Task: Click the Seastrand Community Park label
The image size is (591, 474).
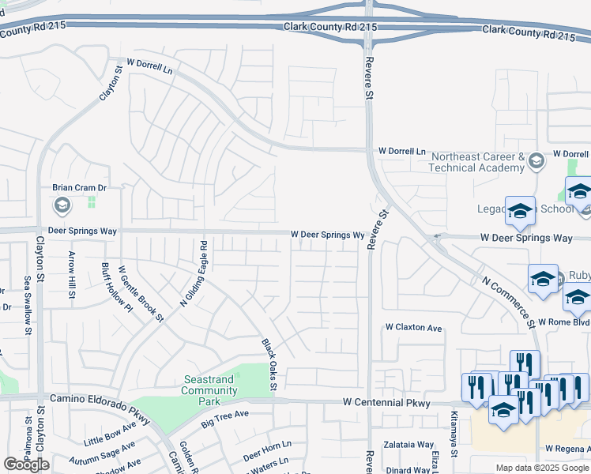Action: click(x=209, y=390)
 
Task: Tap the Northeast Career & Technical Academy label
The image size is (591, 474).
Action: click(x=477, y=162)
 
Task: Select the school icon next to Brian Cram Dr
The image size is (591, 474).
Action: click(x=62, y=206)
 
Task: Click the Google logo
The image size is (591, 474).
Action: click(x=26, y=465)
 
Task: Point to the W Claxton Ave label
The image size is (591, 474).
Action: click(x=413, y=327)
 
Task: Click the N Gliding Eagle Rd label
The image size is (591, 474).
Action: click(x=194, y=273)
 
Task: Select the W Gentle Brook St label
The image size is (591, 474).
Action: click(x=141, y=294)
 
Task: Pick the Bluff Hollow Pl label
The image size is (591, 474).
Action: click(x=116, y=288)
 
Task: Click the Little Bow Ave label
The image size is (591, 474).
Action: click(x=110, y=433)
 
